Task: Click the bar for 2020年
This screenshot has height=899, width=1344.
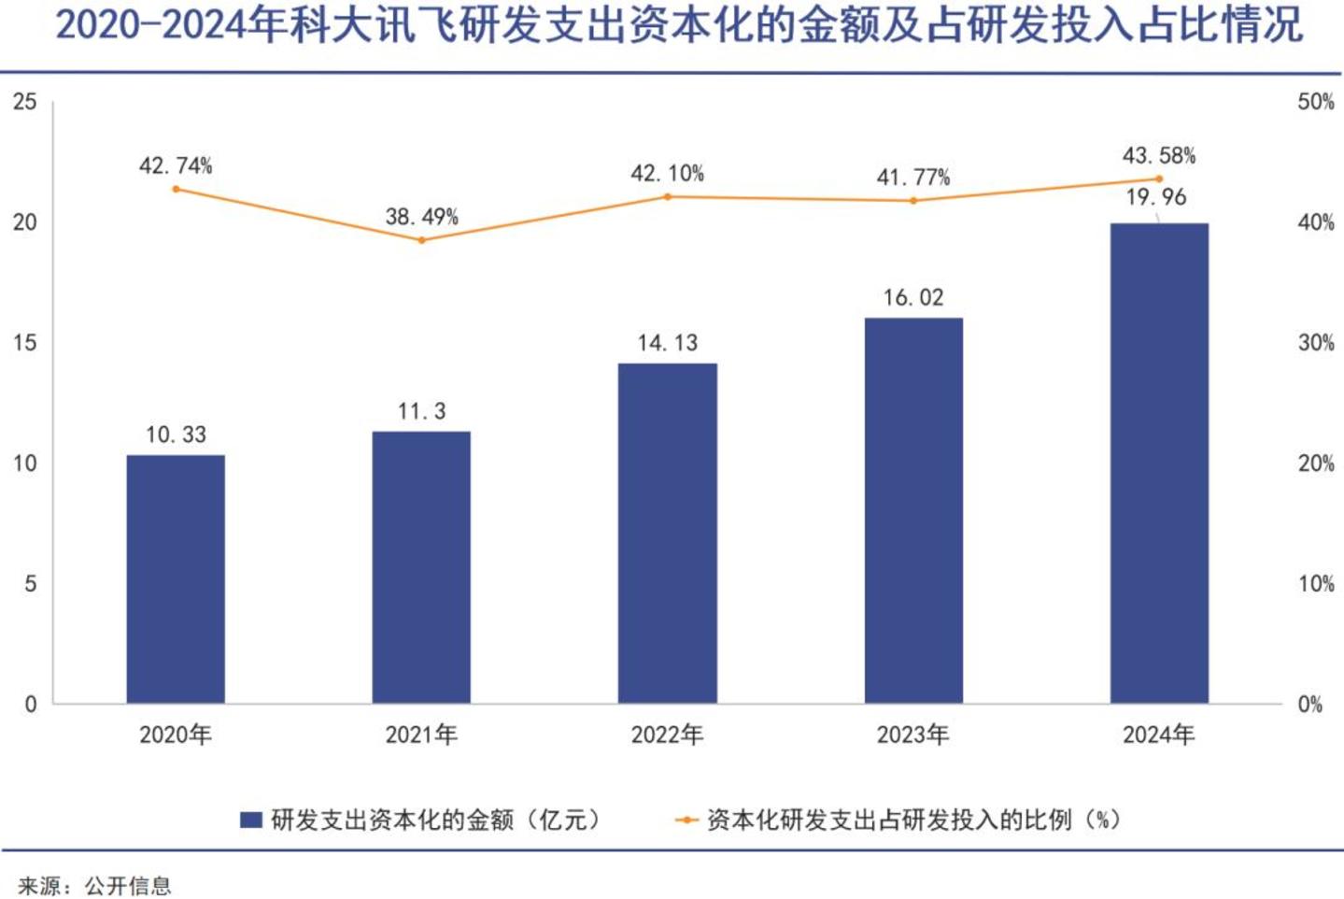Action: click(176, 578)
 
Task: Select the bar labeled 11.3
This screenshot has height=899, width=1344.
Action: click(421, 567)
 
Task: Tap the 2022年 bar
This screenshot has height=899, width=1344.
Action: click(668, 534)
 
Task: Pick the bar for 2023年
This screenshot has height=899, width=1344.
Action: click(913, 510)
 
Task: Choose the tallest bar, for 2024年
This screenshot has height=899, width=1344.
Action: click(1159, 463)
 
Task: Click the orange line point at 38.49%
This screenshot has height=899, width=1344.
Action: click(421, 240)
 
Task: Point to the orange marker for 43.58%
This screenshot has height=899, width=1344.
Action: click(1159, 178)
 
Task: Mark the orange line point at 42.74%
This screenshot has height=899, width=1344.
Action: click(176, 189)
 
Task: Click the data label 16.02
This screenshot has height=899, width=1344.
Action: click(913, 298)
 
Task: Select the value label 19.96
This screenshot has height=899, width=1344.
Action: click(1156, 197)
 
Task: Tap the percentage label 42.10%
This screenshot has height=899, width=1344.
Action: click(667, 174)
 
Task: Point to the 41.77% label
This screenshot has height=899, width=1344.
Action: click(913, 178)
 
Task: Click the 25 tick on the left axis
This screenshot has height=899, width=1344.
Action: click(24, 102)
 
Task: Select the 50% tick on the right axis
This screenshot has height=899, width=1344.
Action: click(1316, 102)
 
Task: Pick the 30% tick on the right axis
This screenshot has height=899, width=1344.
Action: click(1316, 343)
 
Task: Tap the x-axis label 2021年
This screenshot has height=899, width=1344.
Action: click(421, 735)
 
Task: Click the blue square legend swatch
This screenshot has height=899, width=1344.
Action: click(251, 821)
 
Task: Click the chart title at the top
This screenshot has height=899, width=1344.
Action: click(679, 25)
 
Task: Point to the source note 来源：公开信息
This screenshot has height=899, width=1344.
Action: click(95, 886)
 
